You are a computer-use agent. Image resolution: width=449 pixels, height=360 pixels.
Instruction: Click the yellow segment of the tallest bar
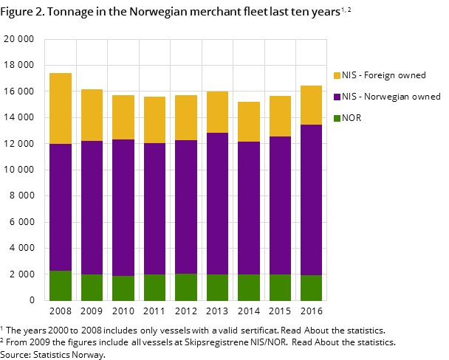61,108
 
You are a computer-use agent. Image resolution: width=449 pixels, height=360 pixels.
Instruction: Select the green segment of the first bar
61,285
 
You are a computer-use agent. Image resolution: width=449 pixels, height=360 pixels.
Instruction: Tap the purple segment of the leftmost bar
61,207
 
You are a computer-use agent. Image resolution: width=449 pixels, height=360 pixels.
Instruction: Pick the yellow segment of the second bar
92,115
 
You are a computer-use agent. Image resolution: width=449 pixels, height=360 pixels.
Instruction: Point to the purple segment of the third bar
123,207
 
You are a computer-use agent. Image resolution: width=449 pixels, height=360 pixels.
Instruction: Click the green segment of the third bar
123,288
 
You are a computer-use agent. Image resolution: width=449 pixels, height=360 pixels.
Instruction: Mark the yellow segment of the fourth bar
154,120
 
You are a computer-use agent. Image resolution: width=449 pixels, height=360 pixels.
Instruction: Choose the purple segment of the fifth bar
186,207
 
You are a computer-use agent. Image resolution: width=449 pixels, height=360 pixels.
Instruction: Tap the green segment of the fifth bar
186,287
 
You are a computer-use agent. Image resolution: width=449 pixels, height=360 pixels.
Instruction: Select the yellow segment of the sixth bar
217,112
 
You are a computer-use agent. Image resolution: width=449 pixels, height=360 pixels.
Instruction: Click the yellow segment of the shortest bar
249,122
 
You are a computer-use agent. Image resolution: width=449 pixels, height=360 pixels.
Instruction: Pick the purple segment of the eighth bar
280,205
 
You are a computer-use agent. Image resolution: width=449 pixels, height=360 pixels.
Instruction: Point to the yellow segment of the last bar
311,105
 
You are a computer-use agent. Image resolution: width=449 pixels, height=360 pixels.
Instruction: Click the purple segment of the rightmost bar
311,200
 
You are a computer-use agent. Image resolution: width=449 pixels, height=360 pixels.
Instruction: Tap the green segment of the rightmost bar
311,288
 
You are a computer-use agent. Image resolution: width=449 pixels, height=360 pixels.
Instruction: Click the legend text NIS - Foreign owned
384,75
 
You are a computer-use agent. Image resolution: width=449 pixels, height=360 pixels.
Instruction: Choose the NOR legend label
352,118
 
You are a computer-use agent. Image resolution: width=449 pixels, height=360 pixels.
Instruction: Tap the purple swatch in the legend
337,97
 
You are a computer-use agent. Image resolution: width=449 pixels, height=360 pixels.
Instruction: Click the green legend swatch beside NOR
337,118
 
